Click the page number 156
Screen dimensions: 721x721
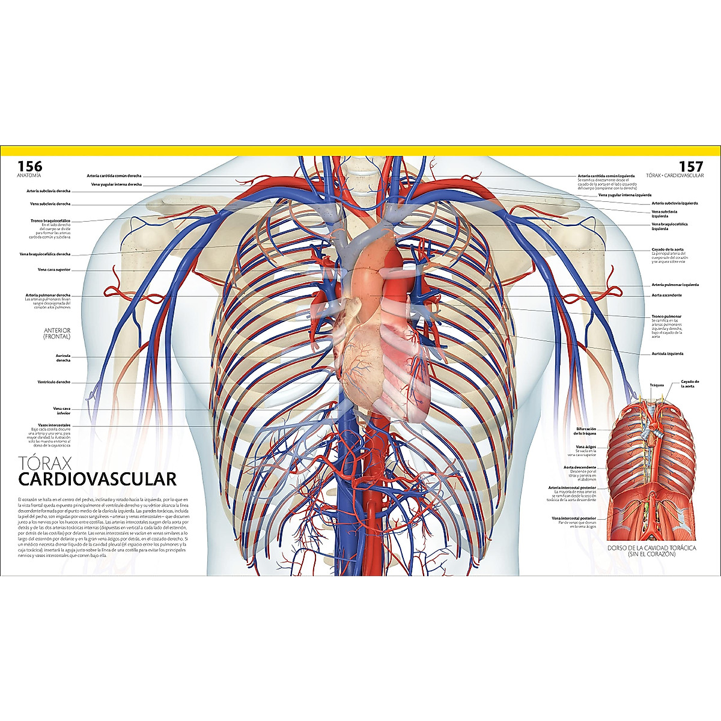coord(29,166)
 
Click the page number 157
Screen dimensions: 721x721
coord(690,166)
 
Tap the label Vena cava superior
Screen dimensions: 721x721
coord(53,270)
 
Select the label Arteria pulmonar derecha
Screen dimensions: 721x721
coord(47,295)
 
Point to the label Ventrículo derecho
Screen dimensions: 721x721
coord(54,382)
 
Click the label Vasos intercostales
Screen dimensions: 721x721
coord(54,425)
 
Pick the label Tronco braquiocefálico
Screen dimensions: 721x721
coord(50,221)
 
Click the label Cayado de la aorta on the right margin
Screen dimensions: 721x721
coord(668,249)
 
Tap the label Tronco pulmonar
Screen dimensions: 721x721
coord(666,316)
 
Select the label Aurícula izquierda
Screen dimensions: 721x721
coord(667,354)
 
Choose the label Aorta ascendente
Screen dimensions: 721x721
coord(666,295)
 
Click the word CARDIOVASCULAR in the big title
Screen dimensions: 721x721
coord(97,479)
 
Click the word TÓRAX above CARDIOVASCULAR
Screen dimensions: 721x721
coord(45,463)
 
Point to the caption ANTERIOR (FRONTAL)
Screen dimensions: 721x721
coord(57,333)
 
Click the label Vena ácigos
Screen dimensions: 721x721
coord(586,447)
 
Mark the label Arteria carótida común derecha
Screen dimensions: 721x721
coord(114,176)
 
